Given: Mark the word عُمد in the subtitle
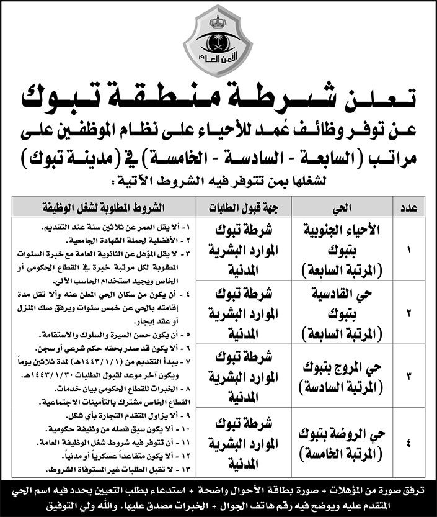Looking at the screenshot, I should pyautogui.click(x=247, y=130).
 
